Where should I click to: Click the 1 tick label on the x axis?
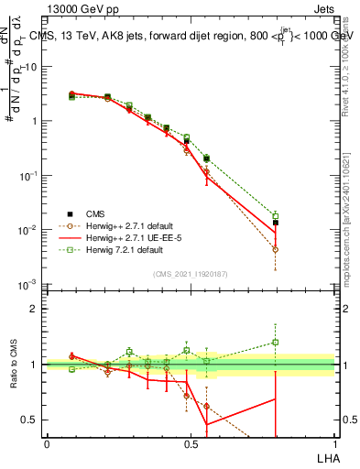334,444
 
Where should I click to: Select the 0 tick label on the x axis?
47,444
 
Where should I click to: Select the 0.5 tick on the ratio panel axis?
32,420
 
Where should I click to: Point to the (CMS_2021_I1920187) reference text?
191,274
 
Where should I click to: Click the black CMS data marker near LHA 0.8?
276,223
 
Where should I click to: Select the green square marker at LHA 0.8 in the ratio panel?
276,343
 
